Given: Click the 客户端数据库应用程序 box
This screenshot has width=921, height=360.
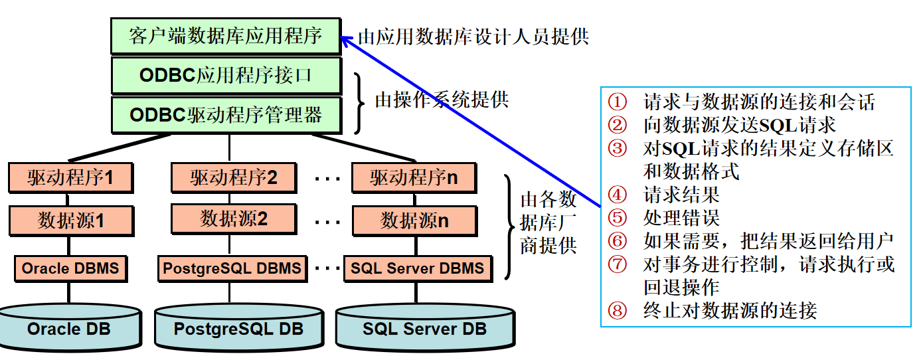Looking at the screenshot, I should click(x=226, y=35).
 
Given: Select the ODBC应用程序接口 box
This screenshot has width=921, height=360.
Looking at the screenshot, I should click(x=226, y=75).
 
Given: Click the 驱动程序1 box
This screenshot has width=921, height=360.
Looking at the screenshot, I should click(x=70, y=177).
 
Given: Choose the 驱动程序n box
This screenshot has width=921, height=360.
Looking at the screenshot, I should click(x=414, y=177).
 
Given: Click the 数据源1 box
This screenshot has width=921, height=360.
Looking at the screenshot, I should click(x=70, y=220).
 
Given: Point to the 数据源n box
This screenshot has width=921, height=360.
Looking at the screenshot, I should click(x=414, y=220).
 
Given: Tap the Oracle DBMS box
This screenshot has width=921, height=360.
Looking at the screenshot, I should click(x=70, y=268).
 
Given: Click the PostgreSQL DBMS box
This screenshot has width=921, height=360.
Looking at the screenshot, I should click(x=232, y=268).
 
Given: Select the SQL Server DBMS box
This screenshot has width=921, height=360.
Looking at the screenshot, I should click(x=418, y=268).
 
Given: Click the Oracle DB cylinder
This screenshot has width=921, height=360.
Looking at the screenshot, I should click(x=69, y=328).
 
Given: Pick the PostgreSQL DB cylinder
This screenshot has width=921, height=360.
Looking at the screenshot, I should click(x=238, y=328).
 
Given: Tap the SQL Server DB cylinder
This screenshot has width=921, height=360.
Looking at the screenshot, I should click(x=424, y=328).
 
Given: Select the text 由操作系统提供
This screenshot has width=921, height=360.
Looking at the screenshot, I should click(x=442, y=100).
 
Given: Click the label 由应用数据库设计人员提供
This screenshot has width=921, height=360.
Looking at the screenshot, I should click(x=473, y=36).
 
